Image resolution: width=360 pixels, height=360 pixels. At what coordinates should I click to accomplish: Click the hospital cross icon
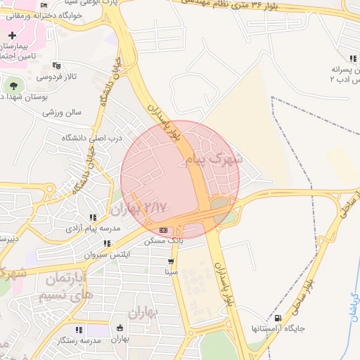pos(12,35)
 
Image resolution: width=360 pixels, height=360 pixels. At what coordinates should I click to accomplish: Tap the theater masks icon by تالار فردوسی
pos(56,65)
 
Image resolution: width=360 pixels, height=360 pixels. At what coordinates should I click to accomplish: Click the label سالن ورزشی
pos(62,112)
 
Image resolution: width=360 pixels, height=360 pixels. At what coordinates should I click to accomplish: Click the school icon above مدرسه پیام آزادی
pos(92,217)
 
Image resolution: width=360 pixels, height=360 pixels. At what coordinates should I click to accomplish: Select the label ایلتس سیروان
pos(105,255)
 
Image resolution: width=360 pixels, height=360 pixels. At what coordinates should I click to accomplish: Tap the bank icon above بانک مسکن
pos(164,230)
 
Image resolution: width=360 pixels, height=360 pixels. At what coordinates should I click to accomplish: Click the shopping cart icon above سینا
pos(171,261)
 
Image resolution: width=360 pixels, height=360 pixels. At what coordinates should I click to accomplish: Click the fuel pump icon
pos(277,318)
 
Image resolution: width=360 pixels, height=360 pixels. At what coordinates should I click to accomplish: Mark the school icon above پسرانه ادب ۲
pos(351,60)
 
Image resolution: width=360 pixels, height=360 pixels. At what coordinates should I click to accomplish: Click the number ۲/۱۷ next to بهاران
pos(157,207)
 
